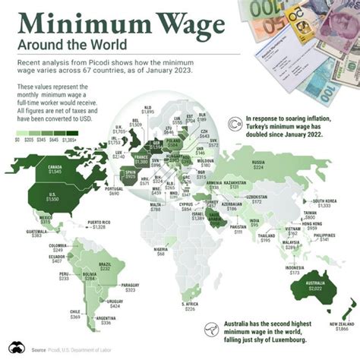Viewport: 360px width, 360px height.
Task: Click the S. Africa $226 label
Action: (x=190, y=306)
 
